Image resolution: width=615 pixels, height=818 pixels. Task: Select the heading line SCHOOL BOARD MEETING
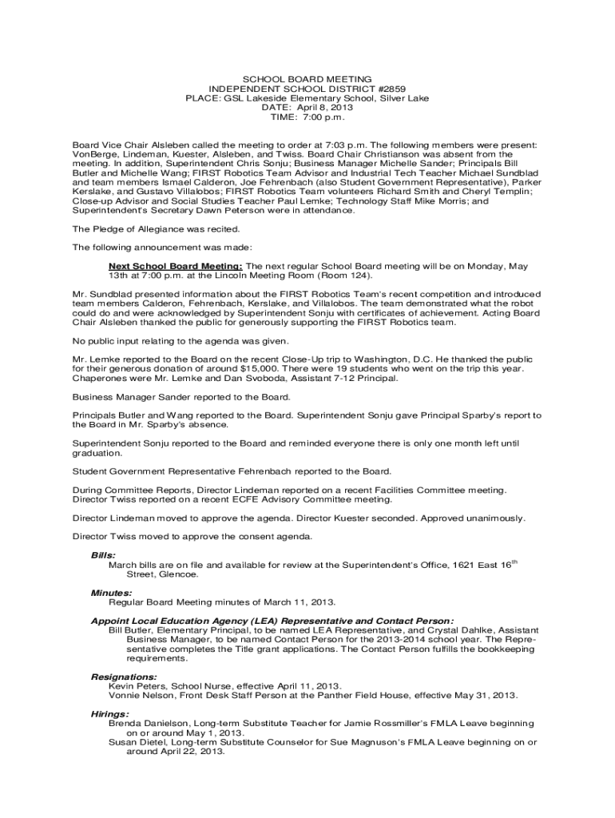click(x=307, y=79)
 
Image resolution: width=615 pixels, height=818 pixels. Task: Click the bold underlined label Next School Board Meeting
click(x=176, y=266)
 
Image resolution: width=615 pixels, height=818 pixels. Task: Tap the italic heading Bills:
click(x=104, y=554)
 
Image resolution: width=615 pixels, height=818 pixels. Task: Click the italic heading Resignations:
click(x=124, y=677)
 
